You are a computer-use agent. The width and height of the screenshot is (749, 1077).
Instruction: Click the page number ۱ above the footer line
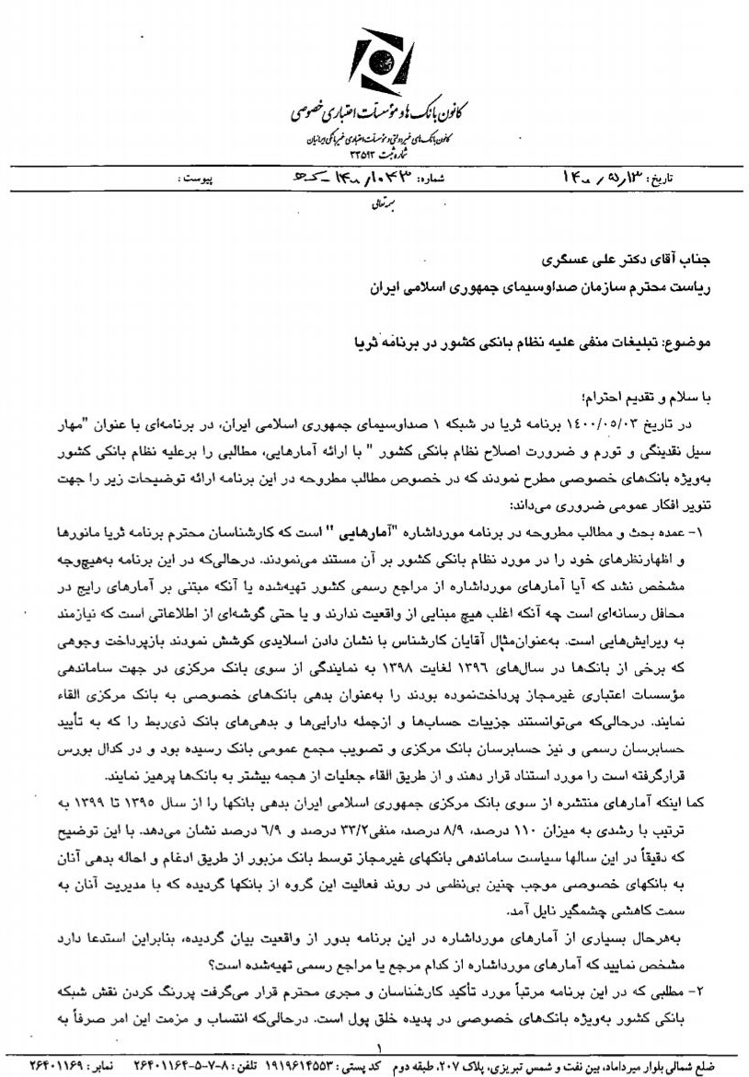coord(375,1047)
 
